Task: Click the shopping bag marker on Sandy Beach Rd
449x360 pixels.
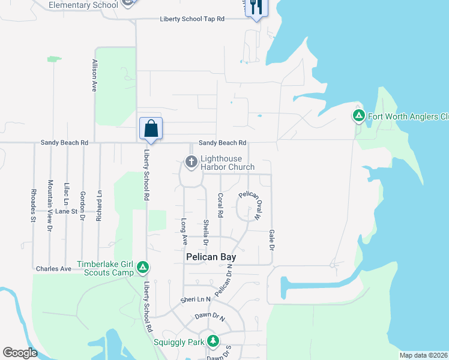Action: (x=151, y=128)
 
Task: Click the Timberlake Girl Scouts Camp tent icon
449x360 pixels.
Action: (x=142, y=266)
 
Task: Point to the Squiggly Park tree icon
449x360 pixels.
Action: (x=212, y=341)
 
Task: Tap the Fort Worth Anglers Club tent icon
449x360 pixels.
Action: (x=358, y=115)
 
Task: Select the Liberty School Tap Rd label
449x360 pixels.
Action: (x=191, y=19)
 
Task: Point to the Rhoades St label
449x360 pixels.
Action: (x=34, y=206)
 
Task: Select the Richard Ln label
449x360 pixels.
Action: (x=99, y=206)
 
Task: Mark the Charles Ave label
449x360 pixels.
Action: (x=53, y=269)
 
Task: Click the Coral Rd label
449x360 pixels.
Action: (x=221, y=205)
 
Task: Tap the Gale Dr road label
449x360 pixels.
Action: (x=271, y=239)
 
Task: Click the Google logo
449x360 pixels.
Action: (x=20, y=353)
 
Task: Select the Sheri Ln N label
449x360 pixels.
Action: (x=196, y=299)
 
